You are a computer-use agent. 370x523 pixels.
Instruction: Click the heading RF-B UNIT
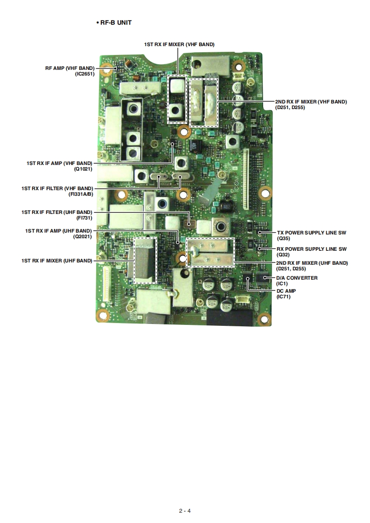pos(116,22)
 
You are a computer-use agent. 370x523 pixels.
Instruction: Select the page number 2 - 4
pos(185,510)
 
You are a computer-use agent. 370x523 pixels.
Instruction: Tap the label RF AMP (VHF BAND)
pos(70,68)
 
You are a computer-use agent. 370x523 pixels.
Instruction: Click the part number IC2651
pos(85,74)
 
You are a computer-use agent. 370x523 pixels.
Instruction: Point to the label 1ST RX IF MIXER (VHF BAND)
pos(179,45)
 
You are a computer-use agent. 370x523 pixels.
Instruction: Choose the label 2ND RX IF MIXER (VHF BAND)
pos(311,102)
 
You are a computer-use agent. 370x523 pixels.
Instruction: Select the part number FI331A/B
pos(80,194)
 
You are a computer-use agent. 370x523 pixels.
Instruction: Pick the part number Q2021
pos(83,236)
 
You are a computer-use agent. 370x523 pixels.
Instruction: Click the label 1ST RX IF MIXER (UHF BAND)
pos(56,261)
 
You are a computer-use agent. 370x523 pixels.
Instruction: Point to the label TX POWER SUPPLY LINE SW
pos(311,232)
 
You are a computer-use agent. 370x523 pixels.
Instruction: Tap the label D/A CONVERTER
pos(297,278)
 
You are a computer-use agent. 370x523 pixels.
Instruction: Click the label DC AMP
pos(286,291)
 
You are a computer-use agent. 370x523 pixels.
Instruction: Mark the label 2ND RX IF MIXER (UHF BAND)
pos(312,263)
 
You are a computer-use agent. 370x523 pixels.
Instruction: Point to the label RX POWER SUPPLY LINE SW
pos(311,249)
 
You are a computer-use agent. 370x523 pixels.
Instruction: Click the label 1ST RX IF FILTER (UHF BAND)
pos(56,212)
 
